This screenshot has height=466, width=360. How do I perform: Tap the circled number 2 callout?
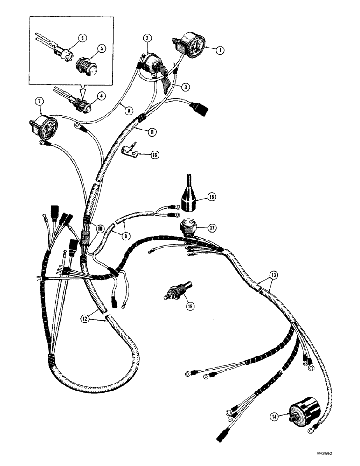[x=146, y=37]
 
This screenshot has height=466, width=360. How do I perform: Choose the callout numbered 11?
[x=152, y=132]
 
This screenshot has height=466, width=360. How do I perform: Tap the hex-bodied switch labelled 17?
[x=188, y=226]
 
